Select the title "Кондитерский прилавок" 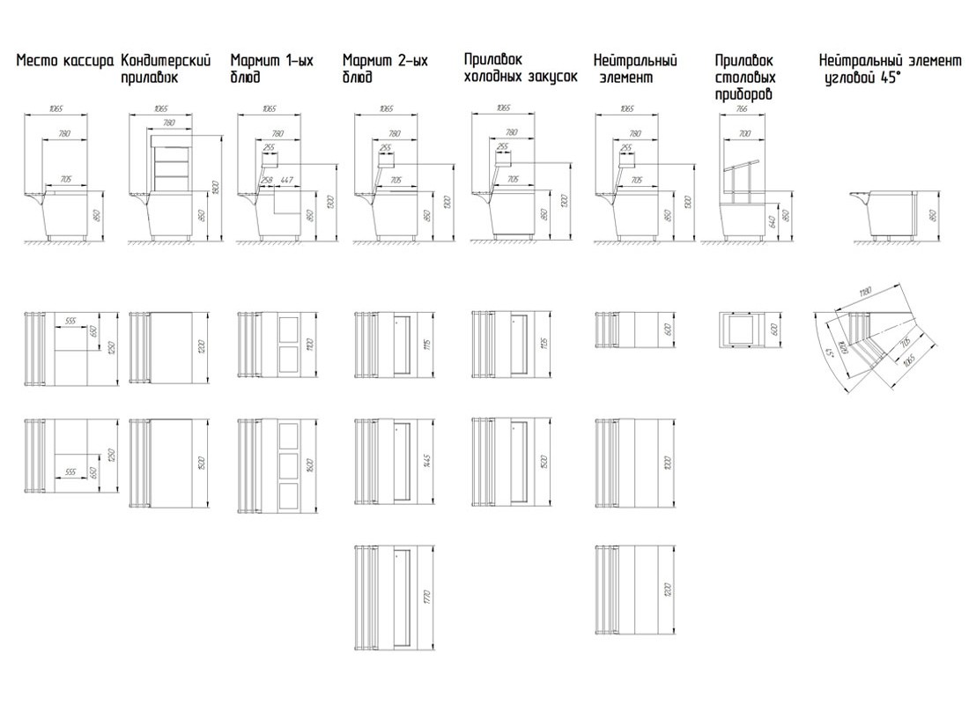(x=166, y=69)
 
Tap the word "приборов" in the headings (x=744, y=93)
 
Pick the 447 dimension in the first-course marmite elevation (x=286, y=180)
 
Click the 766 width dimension (x=742, y=109)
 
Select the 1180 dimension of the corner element (x=868, y=293)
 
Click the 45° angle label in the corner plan (x=829, y=353)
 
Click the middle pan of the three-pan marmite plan (x=289, y=464)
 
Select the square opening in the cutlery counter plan (x=742, y=330)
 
